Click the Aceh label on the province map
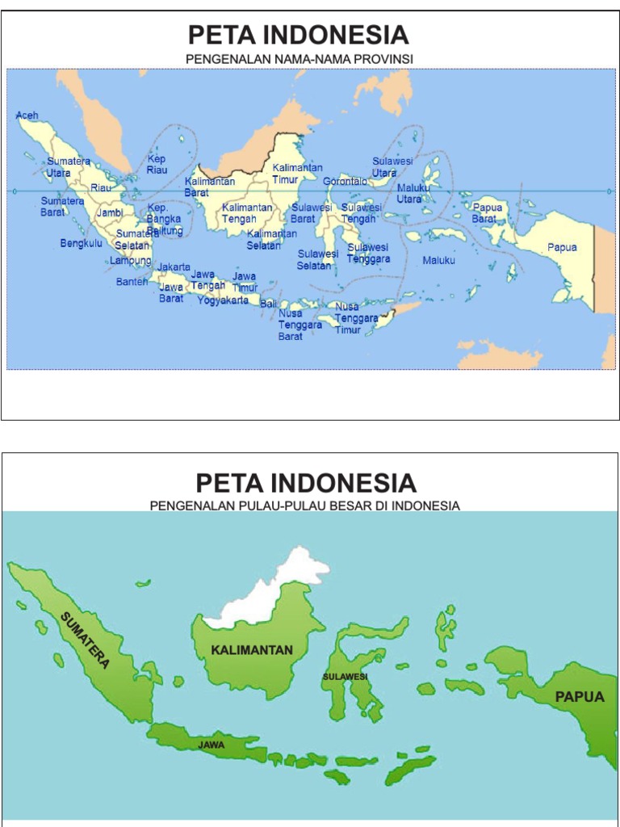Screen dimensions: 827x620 pyautogui.click(x=27, y=116)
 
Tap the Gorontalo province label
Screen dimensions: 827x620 pyautogui.click(x=345, y=182)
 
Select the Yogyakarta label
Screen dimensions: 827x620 pyautogui.click(x=223, y=300)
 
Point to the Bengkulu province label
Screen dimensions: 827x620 pyautogui.click(x=81, y=243)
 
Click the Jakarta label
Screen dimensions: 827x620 pyautogui.click(x=174, y=267)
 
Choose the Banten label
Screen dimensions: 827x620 pyautogui.click(x=132, y=282)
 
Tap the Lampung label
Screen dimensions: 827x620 pyautogui.click(x=130, y=261)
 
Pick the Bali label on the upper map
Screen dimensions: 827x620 pyautogui.click(x=267, y=303)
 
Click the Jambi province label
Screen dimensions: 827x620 pyautogui.click(x=109, y=212)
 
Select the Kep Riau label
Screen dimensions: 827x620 pyautogui.click(x=156, y=165)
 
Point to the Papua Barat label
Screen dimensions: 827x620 pyautogui.click(x=487, y=213)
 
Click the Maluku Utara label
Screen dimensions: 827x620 pyautogui.click(x=413, y=194)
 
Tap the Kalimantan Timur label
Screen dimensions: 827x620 pyautogui.click(x=297, y=174)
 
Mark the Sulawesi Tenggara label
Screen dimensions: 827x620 pyautogui.click(x=368, y=253)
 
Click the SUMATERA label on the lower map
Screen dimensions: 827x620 pyautogui.click(x=85, y=640)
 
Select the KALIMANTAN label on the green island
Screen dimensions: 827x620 pyautogui.click(x=252, y=650)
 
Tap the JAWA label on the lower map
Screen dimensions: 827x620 pyautogui.click(x=212, y=745)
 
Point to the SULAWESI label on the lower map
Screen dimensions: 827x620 pyautogui.click(x=345, y=676)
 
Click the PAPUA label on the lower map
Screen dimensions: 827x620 pyautogui.click(x=579, y=697)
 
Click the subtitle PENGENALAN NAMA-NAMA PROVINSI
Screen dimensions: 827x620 pyautogui.click(x=299, y=60)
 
